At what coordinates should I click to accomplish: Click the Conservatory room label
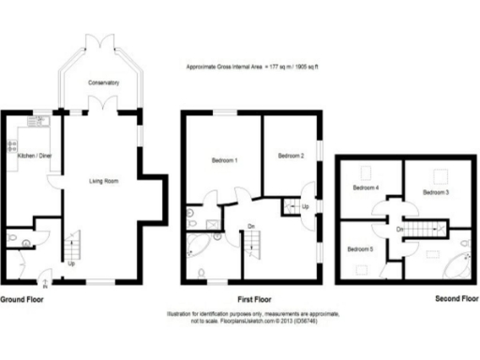[103, 83]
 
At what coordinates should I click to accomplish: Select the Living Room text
[103, 181]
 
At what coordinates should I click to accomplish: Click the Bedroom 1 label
[222, 161]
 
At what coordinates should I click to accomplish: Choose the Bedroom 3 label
[436, 192]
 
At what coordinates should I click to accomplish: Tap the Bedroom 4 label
[366, 187]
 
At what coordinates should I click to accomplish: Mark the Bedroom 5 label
[361, 249]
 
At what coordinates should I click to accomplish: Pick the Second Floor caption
[457, 299]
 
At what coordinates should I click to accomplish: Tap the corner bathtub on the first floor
[199, 247]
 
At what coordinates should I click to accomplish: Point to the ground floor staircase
[72, 248]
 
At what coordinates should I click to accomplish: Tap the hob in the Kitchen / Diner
[13, 146]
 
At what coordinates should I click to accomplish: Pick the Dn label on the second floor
[400, 229]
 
